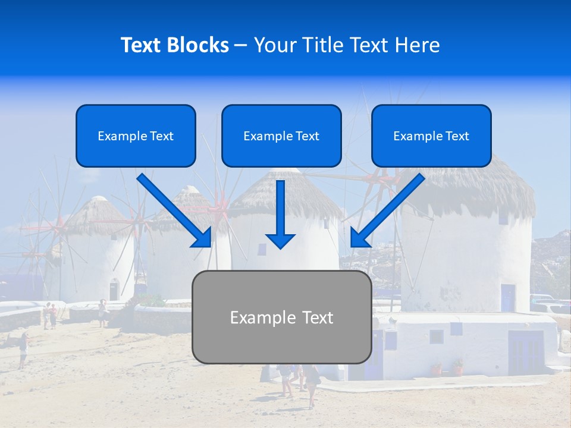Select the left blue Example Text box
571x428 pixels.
tap(136, 136)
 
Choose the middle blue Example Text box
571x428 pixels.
tap(281, 136)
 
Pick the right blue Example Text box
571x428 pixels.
tap(431, 136)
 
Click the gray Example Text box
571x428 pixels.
tap(281, 317)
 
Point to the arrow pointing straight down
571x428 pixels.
tap(280, 214)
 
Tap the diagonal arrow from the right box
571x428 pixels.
tap(387, 211)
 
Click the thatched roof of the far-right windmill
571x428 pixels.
tap(470, 190)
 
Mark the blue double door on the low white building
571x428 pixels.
tap(525, 353)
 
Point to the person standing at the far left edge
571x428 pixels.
tap(23, 350)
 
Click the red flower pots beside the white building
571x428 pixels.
tap(447, 368)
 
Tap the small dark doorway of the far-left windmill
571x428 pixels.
tap(114, 289)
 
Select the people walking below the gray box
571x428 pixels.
tap(297, 383)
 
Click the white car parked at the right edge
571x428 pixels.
tap(550, 308)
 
